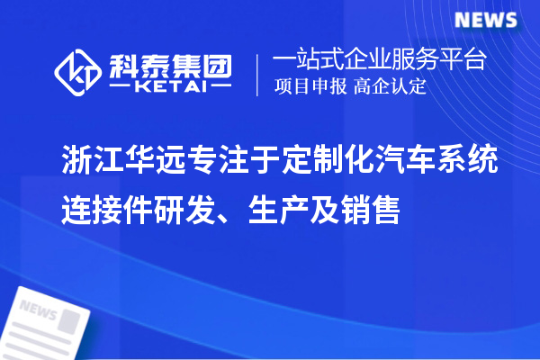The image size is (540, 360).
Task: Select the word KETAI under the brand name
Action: (x=169, y=87)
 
